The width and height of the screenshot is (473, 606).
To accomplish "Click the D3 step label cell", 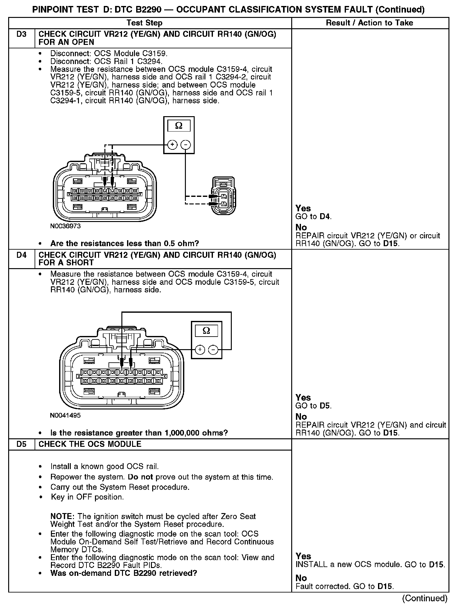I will (x=21, y=35).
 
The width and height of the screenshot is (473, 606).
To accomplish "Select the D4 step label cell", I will (x=21, y=255).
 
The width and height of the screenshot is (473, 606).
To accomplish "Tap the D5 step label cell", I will (x=21, y=444).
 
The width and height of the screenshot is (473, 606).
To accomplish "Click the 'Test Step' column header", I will (x=144, y=23).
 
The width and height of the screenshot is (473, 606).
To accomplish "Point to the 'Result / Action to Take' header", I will (x=370, y=23).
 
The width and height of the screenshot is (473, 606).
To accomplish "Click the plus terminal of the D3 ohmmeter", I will (x=172, y=145).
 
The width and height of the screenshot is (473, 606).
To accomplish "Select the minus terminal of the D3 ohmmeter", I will (x=186, y=145).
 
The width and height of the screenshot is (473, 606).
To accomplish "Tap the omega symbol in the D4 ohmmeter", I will (x=206, y=331).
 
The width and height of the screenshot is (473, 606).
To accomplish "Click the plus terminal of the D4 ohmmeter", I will (x=200, y=349).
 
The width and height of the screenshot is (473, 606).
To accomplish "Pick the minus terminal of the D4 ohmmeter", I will (x=214, y=349).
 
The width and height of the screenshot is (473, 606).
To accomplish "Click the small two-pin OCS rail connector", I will (x=224, y=196).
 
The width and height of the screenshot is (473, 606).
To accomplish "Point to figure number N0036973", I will (x=65, y=226).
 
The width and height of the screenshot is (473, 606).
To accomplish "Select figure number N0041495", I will (x=65, y=415).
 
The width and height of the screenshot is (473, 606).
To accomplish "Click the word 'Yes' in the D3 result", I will (x=303, y=208).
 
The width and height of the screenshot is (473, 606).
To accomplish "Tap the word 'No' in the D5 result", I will (x=301, y=578).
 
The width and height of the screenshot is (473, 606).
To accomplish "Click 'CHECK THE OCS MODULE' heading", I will (x=90, y=444).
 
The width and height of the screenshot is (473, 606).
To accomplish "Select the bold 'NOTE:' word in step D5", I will (x=63, y=517).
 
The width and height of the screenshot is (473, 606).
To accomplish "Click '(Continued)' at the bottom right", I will (x=425, y=598).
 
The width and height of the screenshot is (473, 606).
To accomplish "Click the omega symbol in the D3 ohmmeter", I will (x=179, y=126).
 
